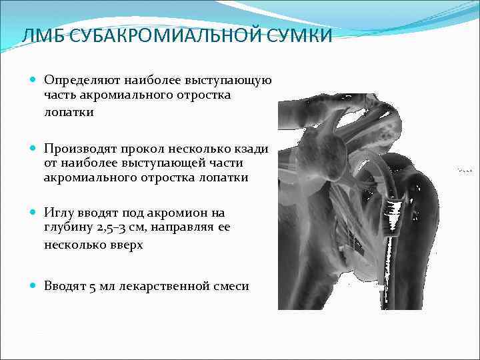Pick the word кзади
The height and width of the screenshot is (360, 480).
point(251,148)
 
